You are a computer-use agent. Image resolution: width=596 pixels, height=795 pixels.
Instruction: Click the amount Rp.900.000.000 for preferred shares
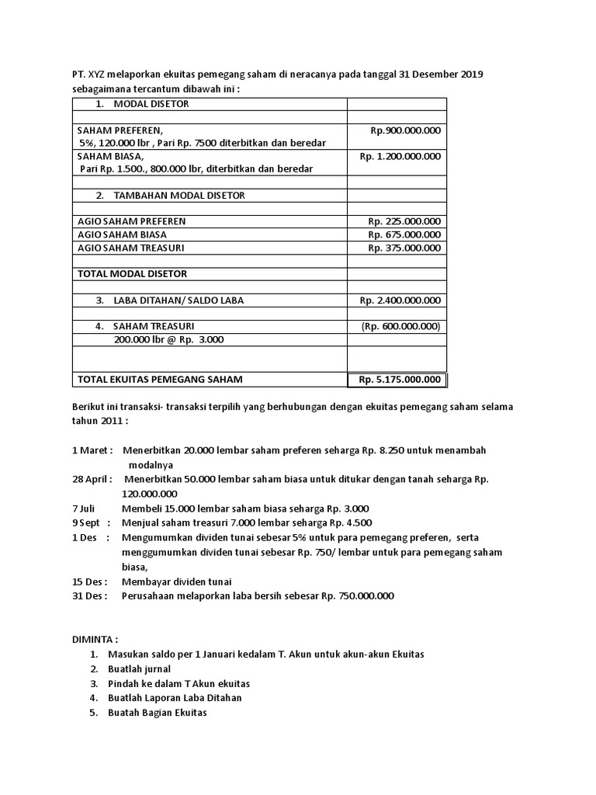pos(406,130)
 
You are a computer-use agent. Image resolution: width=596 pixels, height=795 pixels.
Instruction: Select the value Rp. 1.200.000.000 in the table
pos(400,156)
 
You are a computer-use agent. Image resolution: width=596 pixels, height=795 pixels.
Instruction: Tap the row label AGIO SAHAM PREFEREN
pos(132,221)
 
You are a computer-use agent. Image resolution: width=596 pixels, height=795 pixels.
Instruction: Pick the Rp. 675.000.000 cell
pos(404,234)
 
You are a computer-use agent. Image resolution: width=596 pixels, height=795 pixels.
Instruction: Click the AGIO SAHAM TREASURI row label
pos(131,248)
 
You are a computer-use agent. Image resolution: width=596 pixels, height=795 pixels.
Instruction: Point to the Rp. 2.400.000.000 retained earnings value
pos(400,300)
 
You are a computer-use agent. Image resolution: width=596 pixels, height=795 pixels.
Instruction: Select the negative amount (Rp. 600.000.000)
pos(400,327)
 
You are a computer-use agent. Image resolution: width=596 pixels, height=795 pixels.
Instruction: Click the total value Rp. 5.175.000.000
pos(400,380)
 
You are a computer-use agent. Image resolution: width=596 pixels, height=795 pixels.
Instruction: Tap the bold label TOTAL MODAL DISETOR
pos(132,274)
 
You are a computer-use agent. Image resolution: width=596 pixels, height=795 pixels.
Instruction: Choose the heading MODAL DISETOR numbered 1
pos(151,104)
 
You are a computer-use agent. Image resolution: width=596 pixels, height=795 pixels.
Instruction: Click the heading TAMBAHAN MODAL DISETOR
pos(178,196)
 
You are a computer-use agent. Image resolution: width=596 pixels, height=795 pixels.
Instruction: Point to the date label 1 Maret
pos(92,450)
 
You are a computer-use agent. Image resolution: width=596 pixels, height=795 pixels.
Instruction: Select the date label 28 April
pos(92,479)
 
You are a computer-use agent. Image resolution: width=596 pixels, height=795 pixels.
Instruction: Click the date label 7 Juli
pos(86,508)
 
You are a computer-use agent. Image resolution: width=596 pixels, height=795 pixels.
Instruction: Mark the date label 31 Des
pos(90,595)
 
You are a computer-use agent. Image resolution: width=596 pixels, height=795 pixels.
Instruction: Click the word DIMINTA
pos(94,640)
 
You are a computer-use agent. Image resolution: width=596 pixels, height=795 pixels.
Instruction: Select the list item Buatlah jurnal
pos(140,668)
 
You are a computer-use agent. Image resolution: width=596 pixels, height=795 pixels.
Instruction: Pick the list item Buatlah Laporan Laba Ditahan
pos(175,697)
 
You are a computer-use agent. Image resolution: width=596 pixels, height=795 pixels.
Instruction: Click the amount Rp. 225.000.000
pos(404,221)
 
